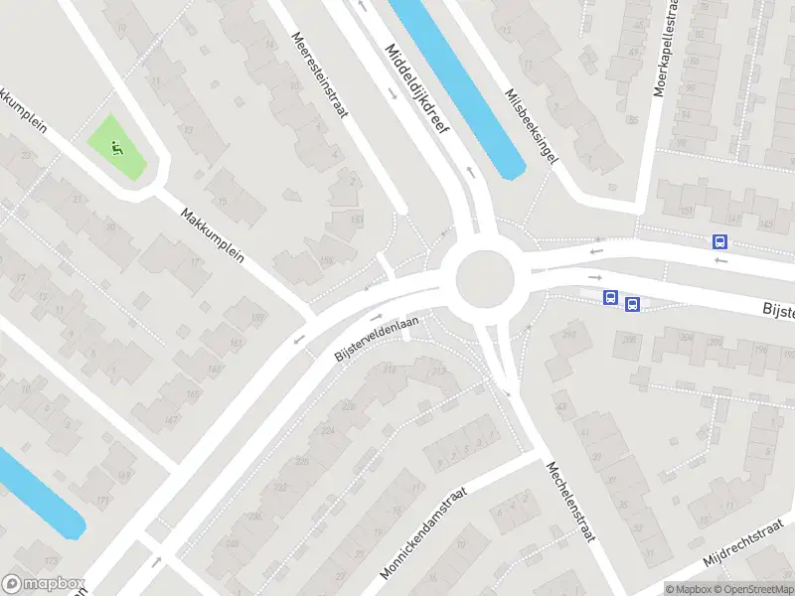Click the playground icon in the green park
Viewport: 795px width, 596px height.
(x=116, y=150)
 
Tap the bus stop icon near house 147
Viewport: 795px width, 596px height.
(x=719, y=241)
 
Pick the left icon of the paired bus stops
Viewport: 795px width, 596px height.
(x=610, y=297)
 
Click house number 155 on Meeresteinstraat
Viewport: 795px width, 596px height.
(x=356, y=219)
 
